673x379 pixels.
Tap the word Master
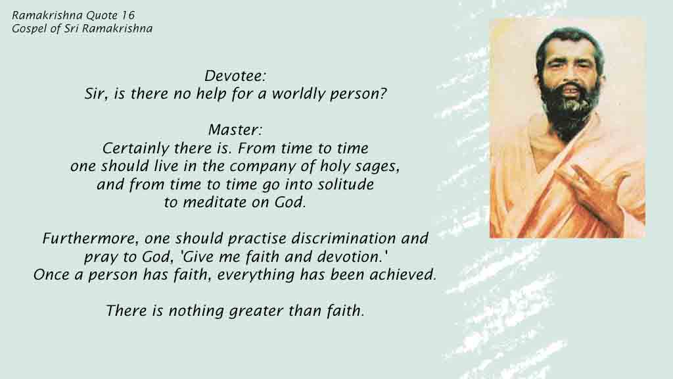[x=233, y=130]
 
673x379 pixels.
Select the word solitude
[x=346, y=184]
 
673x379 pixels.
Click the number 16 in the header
[x=128, y=16]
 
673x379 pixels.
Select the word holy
[x=333, y=167]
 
